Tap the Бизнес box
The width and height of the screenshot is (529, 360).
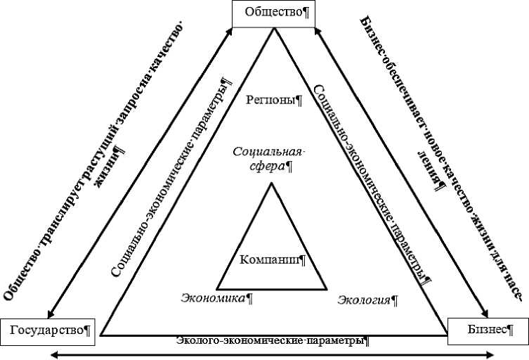(x=487, y=330)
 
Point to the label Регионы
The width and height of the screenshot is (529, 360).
(x=273, y=99)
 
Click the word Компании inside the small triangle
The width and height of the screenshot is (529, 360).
(x=270, y=259)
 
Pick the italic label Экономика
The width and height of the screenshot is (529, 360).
(x=213, y=298)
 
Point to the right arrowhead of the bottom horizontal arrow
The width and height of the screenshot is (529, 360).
(x=491, y=355)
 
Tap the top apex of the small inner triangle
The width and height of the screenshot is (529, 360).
(x=270, y=184)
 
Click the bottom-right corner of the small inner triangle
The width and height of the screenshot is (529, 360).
(x=326, y=288)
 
